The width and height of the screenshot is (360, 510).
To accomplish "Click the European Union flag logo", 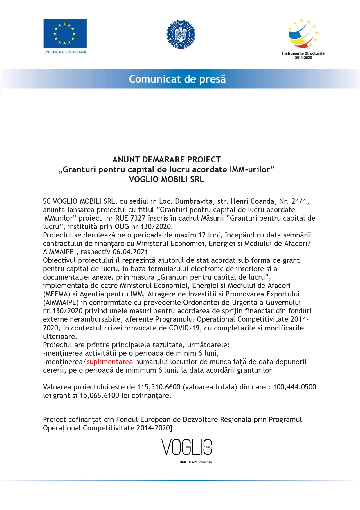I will [x=65, y=34].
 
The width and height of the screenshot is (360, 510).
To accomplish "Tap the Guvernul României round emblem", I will [x=181, y=34].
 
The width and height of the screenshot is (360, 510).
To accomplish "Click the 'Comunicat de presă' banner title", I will [x=177, y=79].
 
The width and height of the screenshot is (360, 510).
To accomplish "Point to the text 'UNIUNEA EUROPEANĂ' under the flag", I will [x=65, y=52].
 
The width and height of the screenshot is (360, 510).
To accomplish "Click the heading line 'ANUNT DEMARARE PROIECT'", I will [x=166, y=160].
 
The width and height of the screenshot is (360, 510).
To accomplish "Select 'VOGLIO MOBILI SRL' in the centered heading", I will [x=166, y=179].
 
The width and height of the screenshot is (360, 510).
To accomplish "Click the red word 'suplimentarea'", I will [x=110, y=362].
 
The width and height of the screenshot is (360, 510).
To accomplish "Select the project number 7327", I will [x=138, y=218].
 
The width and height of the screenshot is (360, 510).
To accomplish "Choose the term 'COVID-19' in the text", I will [x=184, y=328].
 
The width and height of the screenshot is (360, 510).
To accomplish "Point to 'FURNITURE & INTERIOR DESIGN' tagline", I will [x=196, y=462].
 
